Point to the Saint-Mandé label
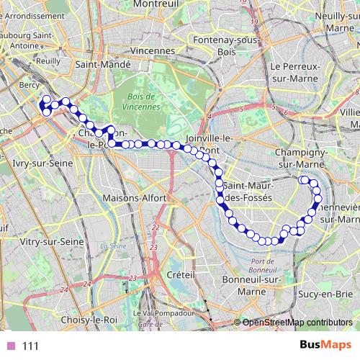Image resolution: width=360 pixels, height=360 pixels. pyautogui.click(x=107, y=64)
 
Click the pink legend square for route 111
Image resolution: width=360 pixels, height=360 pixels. pyautogui.click(x=11, y=346)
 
